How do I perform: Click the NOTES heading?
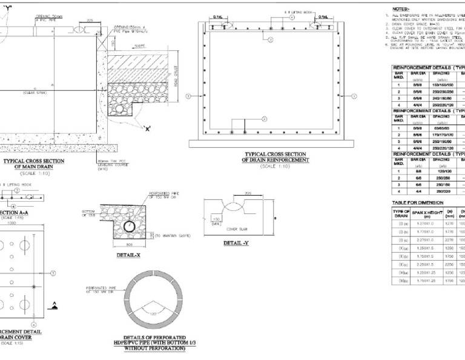401,10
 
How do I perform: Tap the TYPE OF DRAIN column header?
401,213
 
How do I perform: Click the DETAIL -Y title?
236,242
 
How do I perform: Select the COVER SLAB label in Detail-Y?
236,230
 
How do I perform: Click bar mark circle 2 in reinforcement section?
263,119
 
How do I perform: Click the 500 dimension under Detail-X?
130,245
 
